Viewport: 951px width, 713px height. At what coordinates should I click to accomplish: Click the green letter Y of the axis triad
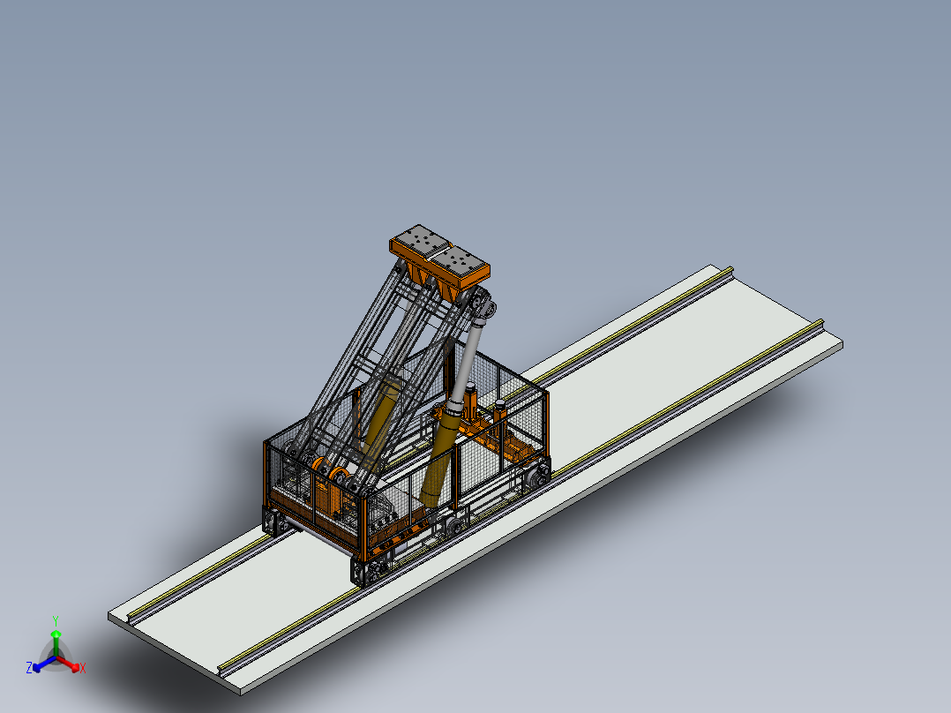click(56, 620)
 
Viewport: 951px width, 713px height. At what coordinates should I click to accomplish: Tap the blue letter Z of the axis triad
click(28, 667)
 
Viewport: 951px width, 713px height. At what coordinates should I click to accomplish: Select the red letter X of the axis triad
click(83, 668)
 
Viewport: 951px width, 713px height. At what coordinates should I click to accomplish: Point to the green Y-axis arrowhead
click(56, 634)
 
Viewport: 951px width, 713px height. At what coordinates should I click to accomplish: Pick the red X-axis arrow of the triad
click(67, 663)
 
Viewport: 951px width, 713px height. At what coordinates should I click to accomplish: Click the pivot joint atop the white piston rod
click(484, 306)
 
